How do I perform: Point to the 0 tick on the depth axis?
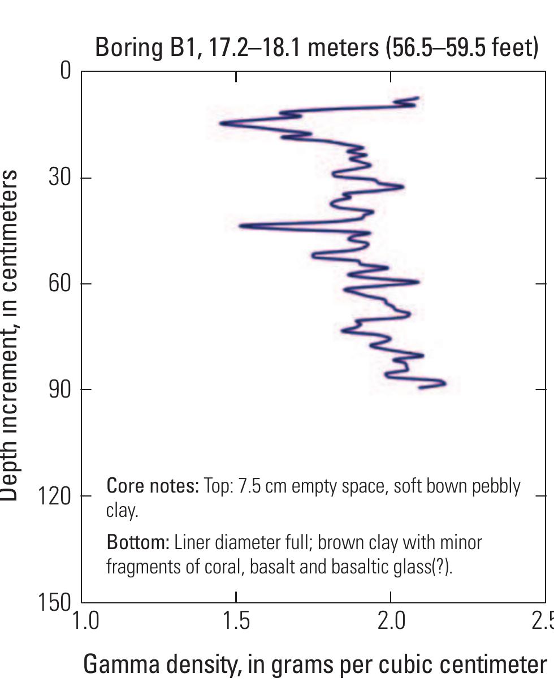coord(66,71)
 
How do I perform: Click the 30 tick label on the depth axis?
coord(60,178)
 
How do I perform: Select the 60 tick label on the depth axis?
coord(60,283)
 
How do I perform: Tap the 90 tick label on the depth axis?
coord(60,390)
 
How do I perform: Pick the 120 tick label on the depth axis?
coord(55,496)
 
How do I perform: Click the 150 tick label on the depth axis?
coord(55,602)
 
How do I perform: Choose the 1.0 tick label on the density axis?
coord(85,621)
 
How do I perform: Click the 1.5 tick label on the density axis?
coord(236,621)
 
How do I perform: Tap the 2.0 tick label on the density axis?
coord(391,621)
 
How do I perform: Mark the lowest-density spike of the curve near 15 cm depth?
coord(222,123)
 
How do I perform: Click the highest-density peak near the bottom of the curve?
coord(444,383)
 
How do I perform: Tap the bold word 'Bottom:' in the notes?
coord(138,542)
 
